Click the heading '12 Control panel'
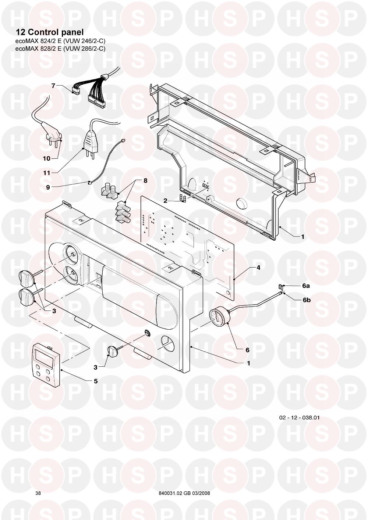49,32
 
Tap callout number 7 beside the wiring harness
53,86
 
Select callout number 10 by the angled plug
46,158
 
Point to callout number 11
47,173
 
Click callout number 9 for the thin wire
48,187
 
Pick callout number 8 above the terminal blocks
145,180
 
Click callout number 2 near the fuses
165,201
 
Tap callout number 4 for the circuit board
258,268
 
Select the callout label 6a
306,286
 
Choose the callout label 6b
307,300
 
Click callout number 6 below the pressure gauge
247,350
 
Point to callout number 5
96,381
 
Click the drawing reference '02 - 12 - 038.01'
300,417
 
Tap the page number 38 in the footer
38,491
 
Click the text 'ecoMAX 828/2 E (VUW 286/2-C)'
60,49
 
